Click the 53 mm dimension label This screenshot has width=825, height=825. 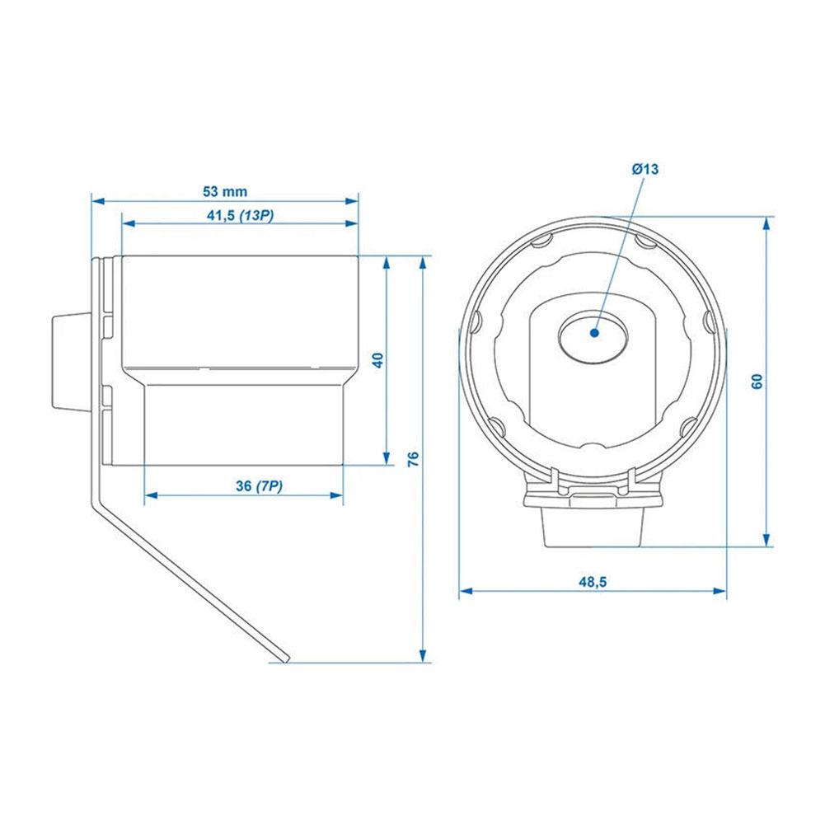point(225,191)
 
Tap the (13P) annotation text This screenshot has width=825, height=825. point(256,215)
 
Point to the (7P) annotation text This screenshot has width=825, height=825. point(269,486)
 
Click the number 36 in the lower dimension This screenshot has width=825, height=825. point(243,486)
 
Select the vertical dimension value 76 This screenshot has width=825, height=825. point(414,458)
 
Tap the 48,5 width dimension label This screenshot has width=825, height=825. point(592,582)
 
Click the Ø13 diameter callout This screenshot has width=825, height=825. point(645,169)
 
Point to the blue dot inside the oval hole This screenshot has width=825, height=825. point(593,332)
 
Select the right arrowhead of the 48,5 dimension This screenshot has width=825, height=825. point(721,590)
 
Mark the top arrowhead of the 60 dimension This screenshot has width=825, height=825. point(767,223)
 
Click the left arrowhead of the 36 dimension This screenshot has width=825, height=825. point(150,495)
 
